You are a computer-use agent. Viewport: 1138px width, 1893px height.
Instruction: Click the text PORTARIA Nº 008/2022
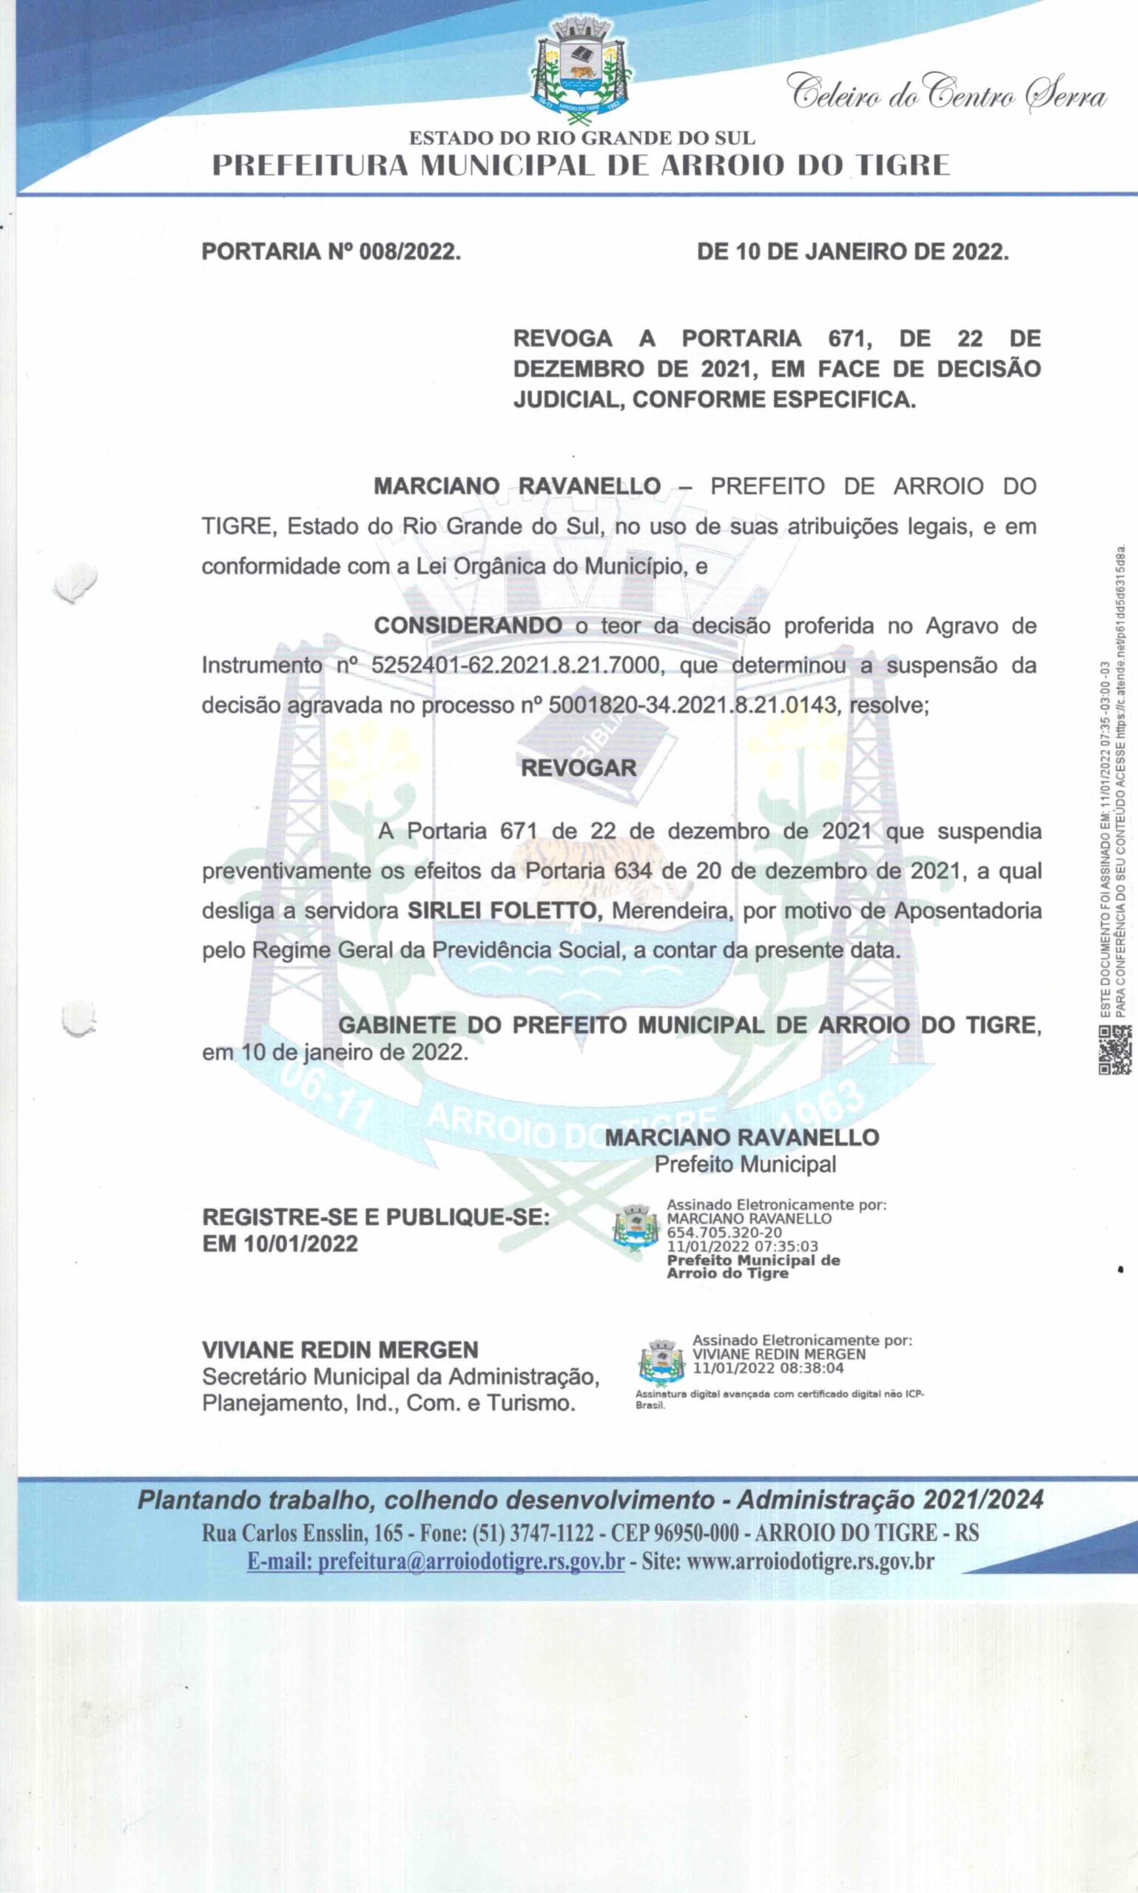[x=331, y=252]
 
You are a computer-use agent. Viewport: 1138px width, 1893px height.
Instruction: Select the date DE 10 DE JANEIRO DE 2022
[x=852, y=252]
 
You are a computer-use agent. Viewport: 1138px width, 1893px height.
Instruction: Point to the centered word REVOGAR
[x=578, y=768]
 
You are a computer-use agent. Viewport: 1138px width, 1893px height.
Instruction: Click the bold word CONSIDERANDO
[x=468, y=626]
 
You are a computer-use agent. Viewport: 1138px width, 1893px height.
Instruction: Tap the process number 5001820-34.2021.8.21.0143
[x=692, y=705]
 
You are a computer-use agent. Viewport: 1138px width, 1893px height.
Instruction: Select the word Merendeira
[x=670, y=910]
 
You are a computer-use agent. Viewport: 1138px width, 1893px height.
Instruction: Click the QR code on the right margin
[x=1114, y=1050]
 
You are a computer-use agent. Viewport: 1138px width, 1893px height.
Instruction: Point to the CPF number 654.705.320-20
[x=724, y=1233]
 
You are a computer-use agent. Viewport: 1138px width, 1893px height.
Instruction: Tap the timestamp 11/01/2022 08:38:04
[x=767, y=1368]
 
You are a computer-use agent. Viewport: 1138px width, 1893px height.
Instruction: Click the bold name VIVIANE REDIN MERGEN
[x=340, y=1350]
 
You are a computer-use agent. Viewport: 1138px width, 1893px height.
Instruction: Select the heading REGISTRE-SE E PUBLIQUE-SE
[x=376, y=1217]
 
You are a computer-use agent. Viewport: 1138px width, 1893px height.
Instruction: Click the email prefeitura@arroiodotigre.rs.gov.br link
[x=435, y=1561]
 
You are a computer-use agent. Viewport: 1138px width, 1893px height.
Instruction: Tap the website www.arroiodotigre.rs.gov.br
[x=809, y=1561]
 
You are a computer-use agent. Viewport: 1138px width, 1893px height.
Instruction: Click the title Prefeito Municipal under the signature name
[x=744, y=1164]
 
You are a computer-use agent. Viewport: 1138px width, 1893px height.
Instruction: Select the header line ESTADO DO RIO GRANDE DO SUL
[x=582, y=139]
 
